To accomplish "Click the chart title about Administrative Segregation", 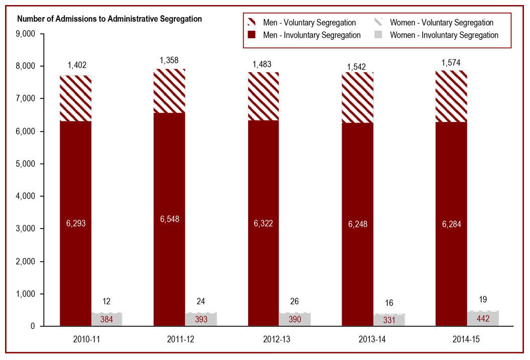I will (110, 19).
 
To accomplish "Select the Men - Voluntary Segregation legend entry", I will (309, 23).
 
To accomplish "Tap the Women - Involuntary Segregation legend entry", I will (444, 35).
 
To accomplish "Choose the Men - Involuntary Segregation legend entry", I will (311, 35).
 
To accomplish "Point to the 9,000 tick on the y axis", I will (25, 34).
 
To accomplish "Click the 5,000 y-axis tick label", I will (25, 164).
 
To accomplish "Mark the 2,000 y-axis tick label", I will (25, 262).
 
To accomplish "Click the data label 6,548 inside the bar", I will (170, 219).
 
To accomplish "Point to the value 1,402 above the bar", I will (76, 65).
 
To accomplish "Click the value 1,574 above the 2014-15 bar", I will (451, 63).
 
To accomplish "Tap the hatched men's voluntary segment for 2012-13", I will (264, 96).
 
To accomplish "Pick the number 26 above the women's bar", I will (294, 302).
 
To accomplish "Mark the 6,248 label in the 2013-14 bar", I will (358, 224).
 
